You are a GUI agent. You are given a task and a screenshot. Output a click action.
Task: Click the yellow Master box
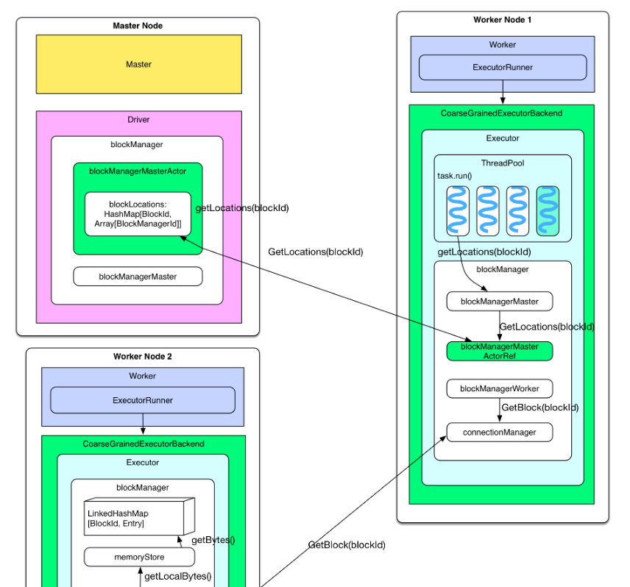pos(138,64)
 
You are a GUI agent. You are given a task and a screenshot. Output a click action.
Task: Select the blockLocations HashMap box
pos(138,214)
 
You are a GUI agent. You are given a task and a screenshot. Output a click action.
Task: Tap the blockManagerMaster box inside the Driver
pos(138,277)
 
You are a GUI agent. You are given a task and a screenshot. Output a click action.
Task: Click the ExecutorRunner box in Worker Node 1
pos(503,68)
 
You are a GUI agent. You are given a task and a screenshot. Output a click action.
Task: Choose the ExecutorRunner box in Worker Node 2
pos(142,400)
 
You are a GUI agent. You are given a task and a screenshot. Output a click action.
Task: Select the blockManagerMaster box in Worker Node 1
pos(499,302)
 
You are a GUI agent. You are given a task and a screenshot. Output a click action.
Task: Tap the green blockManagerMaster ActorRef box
pos(499,351)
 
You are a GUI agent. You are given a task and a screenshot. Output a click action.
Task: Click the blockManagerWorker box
pos(499,388)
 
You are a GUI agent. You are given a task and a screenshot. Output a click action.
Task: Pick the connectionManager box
pos(499,433)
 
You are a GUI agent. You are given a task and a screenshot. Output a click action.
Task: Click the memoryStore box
pos(133,558)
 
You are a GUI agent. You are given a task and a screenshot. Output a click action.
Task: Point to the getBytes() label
pos(213,540)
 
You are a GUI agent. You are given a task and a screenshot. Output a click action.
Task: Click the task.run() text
pos(455,177)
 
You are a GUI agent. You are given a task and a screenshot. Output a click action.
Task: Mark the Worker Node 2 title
pos(142,357)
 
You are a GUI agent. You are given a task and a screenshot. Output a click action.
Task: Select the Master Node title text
pos(138,26)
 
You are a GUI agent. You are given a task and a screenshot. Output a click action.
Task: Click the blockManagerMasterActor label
pos(138,171)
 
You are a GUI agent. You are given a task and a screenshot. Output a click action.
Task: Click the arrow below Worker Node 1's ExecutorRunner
pos(503,93)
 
